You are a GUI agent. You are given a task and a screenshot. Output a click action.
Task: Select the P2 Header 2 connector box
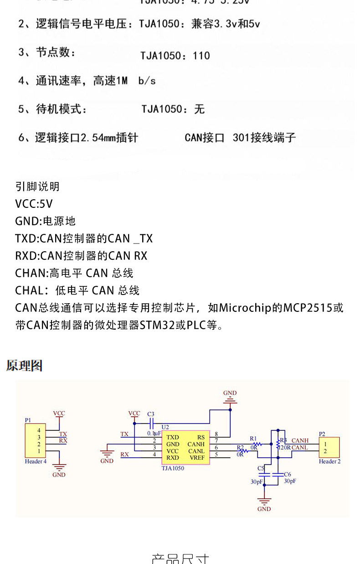click(x=329, y=447)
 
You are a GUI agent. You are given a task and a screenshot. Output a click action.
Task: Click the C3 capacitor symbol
click(x=151, y=422)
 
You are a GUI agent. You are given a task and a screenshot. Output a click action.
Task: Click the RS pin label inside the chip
click(x=201, y=437)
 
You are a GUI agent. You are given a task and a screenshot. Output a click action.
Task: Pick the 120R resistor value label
click(x=285, y=447)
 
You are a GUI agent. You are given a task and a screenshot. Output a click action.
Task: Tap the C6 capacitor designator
click(x=287, y=475)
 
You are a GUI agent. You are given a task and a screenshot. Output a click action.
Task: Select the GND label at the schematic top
click(x=230, y=393)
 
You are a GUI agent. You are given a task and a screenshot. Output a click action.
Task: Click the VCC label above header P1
click(x=59, y=413)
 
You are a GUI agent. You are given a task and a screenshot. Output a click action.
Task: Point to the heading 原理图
click(x=24, y=365)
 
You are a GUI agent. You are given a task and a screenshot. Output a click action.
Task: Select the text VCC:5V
click(x=34, y=204)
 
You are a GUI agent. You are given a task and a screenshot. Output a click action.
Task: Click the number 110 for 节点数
click(x=201, y=56)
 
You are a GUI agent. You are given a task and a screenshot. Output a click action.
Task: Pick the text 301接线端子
click(x=264, y=137)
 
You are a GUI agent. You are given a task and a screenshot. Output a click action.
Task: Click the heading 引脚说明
click(x=37, y=186)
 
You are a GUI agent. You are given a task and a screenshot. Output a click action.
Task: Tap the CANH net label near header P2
click(x=300, y=440)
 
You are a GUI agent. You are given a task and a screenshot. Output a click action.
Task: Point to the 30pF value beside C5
click(x=257, y=481)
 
